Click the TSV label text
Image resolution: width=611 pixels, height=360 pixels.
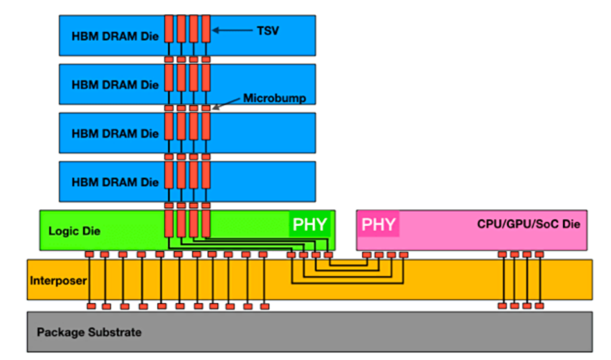(268, 31)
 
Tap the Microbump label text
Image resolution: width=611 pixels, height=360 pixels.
(274, 98)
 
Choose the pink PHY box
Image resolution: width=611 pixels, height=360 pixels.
(378, 225)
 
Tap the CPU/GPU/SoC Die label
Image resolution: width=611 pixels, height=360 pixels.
(528, 224)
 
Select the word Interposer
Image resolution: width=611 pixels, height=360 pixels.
(58, 280)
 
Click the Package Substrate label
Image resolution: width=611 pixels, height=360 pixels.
(89, 332)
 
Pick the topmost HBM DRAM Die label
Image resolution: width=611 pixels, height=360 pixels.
(115, 36)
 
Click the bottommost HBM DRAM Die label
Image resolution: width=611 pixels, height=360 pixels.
(115, 182)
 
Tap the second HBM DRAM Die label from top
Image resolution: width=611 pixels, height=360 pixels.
(115, 85)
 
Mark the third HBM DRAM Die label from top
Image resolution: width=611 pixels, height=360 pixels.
(115, 134)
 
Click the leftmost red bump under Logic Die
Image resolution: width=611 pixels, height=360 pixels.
(89, 254)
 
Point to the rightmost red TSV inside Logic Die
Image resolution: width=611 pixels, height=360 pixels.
(206, 225)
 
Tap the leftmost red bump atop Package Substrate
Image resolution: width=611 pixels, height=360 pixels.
(91, 306)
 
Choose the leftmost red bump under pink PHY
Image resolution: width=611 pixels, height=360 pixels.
(367, 255)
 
